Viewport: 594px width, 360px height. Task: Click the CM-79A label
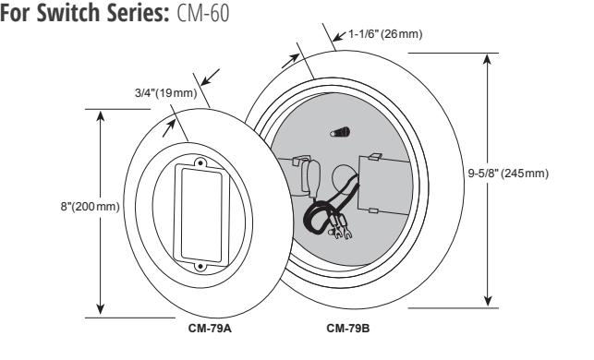pyautogui.click(x=210, y=328)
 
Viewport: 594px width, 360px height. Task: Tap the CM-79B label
pyautogui.click(x=347, y=328)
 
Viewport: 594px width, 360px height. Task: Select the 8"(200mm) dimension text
pyautogui.click(x=90, y=207)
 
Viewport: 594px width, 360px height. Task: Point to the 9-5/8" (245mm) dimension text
pyautogui.click(x=508, y=174)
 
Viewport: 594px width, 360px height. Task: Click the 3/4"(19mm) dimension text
pyautogui.click(x=166, y=92)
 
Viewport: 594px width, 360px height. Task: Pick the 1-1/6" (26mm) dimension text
pyautogui.click(x=385, y=34)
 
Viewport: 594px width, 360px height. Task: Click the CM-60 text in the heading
pyautogui.click(x=203, y=13)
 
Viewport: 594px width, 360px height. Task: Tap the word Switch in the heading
pyautogui.click(x=67, y=13)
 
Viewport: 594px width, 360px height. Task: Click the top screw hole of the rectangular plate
pyautogui.click(x=200, y=163)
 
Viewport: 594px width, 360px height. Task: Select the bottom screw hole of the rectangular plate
pyautogui.click(x=200, y=267)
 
